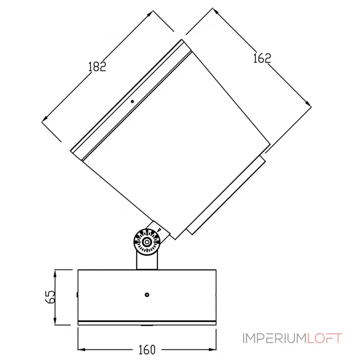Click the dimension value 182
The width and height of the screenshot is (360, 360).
(97, 66)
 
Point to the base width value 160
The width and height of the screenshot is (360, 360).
(146, 349)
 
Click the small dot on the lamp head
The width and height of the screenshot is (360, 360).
(132, 101)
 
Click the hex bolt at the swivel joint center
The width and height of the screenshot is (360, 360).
(146, 243)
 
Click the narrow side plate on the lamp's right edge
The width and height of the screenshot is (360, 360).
(226, 194)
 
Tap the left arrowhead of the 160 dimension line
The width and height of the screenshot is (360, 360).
(81, 349)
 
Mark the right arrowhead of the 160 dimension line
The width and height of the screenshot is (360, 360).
(215, 349)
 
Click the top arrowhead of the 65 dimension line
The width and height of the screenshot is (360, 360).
(55, 272)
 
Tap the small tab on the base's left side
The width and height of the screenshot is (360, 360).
(77, 295)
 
